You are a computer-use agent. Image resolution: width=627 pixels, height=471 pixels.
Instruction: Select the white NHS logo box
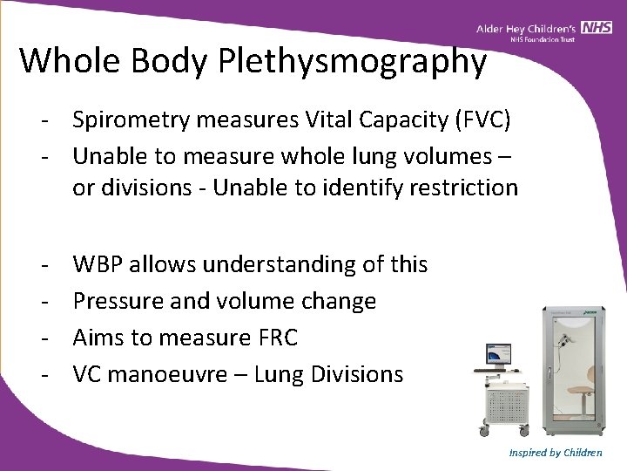(597, 29)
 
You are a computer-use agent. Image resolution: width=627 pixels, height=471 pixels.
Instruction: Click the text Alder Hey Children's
(528, 29)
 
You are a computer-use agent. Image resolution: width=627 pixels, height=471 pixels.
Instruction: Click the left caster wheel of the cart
(484, 430)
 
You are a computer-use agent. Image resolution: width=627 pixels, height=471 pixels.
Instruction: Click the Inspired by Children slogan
(556, 453)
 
